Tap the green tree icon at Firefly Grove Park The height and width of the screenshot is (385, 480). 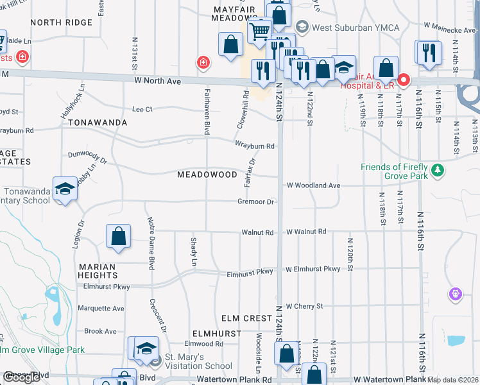(x=438, y=170)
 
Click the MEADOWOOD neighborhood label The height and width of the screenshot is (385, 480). (x=207, y=175)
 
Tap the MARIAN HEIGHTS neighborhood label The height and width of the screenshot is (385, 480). (x=98, y=271)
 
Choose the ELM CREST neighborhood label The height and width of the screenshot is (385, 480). (x=247, y=318)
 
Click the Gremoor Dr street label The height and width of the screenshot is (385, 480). (x=256, y=201)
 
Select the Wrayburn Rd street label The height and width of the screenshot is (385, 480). (x=254, y=146)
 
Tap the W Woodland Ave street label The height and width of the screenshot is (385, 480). (x=313, y=185)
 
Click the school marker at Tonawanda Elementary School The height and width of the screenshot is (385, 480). (x=65, y=188)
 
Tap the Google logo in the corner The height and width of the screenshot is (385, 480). (x=21, y=377)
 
